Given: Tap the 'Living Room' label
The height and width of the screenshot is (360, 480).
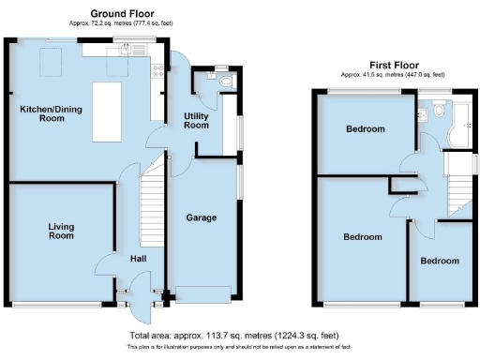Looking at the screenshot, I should (61, 231).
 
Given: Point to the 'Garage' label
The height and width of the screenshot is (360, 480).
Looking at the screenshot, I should (201, 217).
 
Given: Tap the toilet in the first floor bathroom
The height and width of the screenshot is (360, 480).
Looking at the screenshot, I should (424, 113).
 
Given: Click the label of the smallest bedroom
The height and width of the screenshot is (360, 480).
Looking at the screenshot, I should (439, 260).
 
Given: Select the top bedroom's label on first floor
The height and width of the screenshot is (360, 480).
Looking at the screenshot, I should (365, 129).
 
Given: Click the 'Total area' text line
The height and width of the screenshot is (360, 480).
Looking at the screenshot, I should (232, 336).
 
